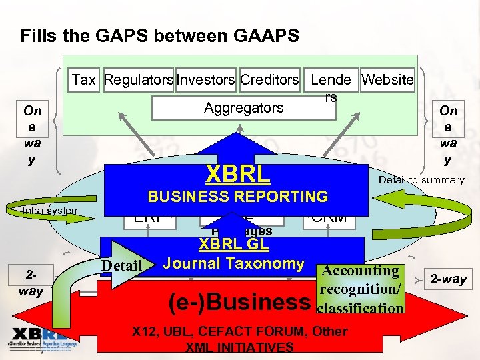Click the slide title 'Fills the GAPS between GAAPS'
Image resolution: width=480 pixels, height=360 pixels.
pos(159,35)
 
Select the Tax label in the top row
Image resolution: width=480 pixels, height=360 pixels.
pos(84,80)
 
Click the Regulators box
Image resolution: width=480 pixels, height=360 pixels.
pos(139,80)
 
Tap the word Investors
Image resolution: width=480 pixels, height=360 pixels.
pos(205,80)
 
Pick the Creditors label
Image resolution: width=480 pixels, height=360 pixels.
pos(269,80)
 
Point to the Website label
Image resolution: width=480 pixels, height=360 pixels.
pos(387,80)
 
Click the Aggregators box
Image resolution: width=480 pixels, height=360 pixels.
pos(243,107)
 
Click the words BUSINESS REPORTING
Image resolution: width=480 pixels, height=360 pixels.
pos(237,197)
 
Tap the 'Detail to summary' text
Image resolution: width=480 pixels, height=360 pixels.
pos(421,180)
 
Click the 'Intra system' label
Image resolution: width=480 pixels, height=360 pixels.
pos(51,211)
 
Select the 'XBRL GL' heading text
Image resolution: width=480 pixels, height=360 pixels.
pos(232,245)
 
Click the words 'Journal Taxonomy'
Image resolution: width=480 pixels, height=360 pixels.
pos(233,263)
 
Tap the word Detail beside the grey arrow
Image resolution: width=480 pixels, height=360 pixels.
pos(121,267)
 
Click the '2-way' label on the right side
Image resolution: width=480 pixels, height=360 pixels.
pos(449,279)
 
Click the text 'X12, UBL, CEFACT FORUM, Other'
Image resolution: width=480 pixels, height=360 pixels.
pos(239,331)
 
